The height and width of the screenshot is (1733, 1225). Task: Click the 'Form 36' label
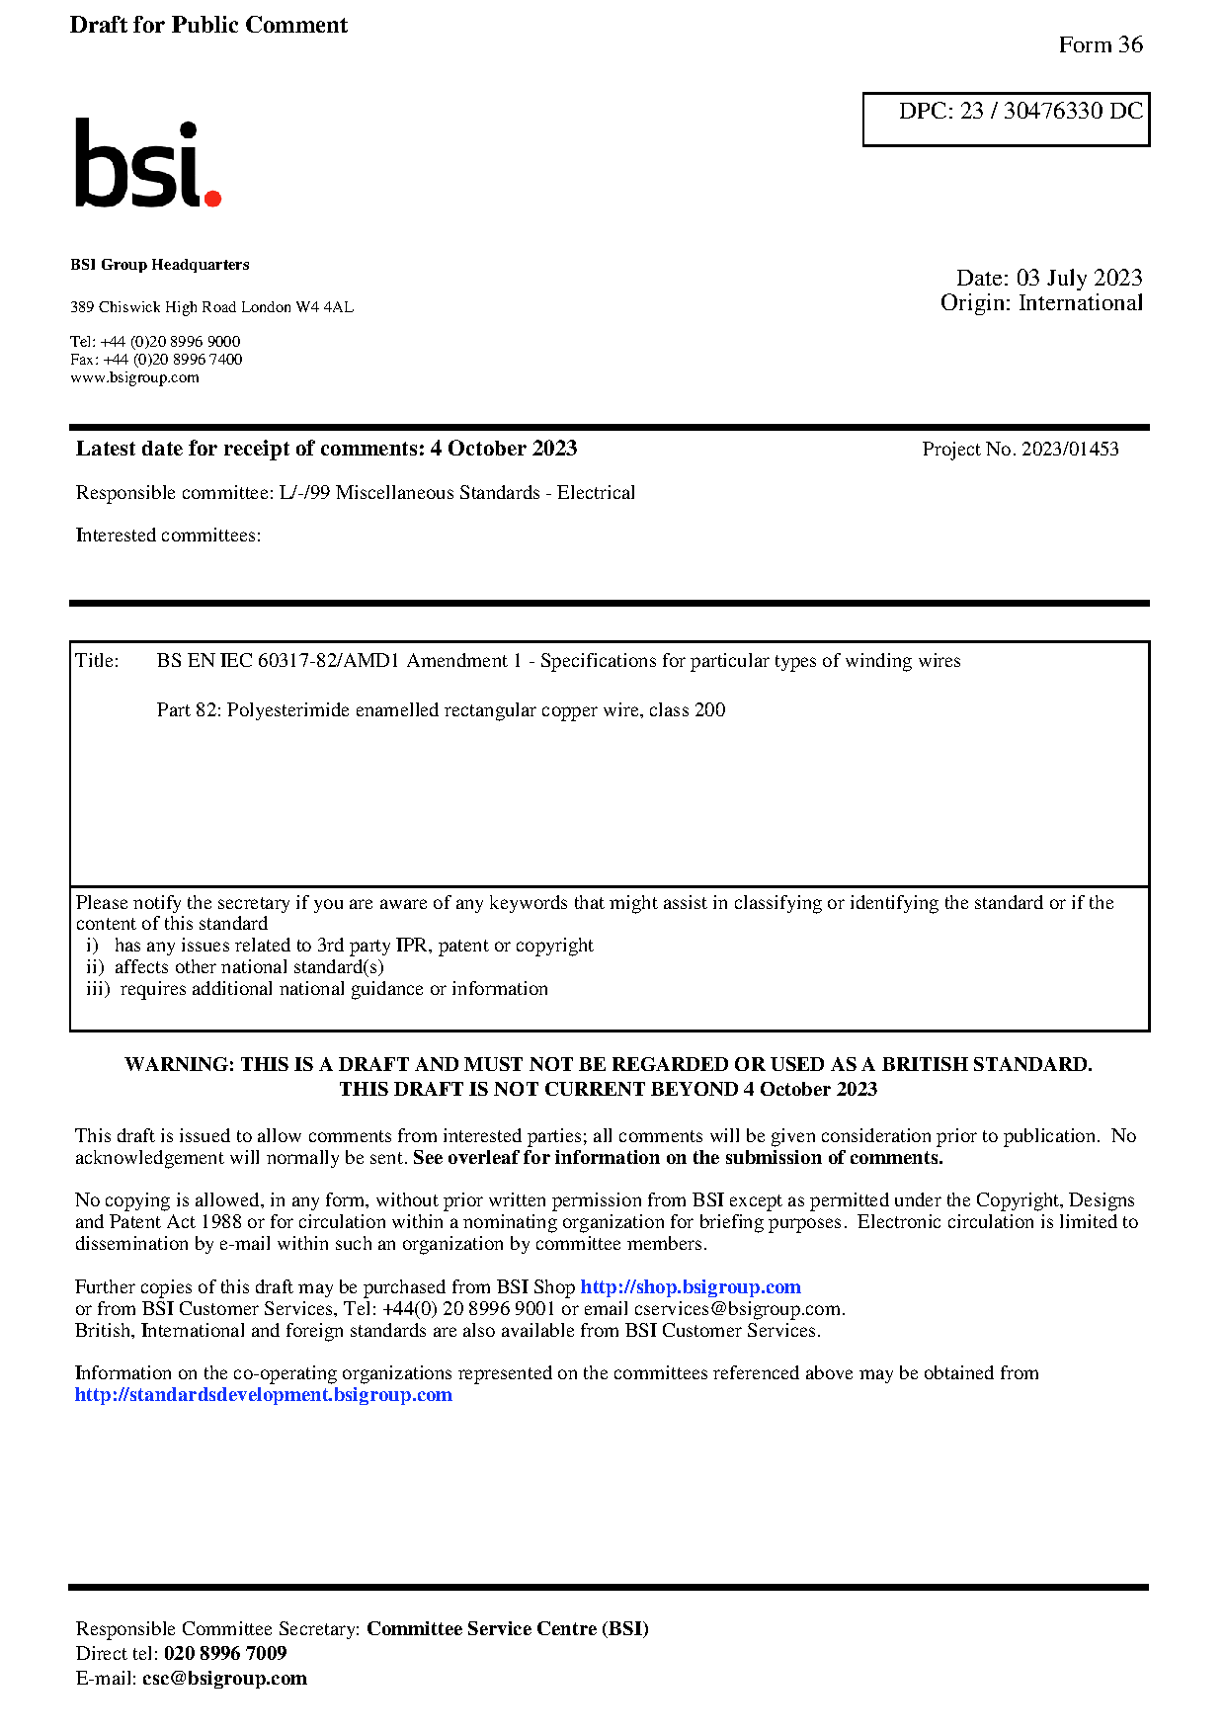click(x=1100, y=44)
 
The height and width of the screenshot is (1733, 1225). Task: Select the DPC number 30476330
click(x=1053, y=111)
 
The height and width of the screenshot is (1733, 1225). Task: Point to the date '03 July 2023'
click(x=1079, y=278)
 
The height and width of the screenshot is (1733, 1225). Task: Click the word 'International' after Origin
click(x=1080, y=303)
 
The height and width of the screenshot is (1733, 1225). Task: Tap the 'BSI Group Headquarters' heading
click(x=160, y=265)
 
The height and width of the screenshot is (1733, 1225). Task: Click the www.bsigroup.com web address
click(x=134, y=377)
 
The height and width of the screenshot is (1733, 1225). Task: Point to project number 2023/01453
click(x=1070, y=450)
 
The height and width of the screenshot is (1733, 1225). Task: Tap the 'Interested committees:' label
click(x=168, y=536)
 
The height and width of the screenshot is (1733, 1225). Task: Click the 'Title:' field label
click(x=97, y=661)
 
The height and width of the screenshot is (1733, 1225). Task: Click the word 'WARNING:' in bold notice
click(x=180, y=1065)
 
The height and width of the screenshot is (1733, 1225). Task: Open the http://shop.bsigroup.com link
click(x=690, y=1287)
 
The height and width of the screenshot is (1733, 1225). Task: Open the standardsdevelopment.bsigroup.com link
click(x=264, y=1395)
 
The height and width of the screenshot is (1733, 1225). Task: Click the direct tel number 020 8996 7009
click(x=225, y=1654)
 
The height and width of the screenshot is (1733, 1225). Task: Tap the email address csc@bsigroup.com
click(x=224, y=1679)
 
